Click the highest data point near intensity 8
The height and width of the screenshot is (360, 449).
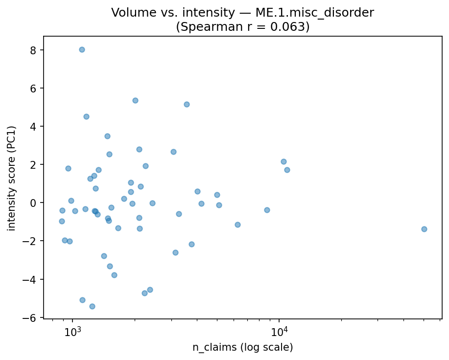point(82,49)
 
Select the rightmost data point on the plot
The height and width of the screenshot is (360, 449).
point(424,229)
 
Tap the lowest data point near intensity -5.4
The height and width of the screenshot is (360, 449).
point(92,306)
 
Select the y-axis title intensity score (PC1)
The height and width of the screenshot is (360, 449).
point(12,178)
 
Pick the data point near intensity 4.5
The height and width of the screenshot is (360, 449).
point(86,116)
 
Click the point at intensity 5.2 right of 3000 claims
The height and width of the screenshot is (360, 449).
point(187,104)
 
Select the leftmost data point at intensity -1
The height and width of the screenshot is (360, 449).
point(62,221)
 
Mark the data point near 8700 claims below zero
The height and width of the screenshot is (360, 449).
point(267,210)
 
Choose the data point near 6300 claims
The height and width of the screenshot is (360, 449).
point(237,225)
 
